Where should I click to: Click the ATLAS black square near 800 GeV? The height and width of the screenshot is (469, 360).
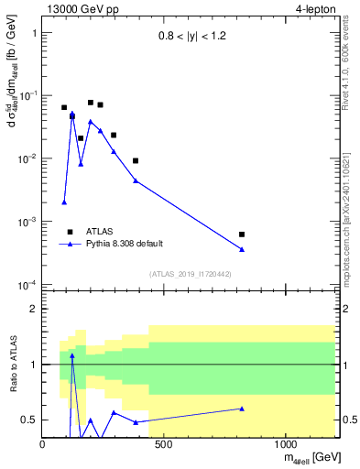(242, 234)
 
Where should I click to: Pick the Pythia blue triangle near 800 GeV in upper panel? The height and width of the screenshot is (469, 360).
(242, 249)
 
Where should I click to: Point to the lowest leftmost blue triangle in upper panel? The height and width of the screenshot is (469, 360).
(64, 202)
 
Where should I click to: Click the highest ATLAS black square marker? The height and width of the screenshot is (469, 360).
(91, 103)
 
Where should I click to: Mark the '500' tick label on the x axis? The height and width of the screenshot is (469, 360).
(164, 445)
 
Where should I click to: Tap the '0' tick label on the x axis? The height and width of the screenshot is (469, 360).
(43, 445)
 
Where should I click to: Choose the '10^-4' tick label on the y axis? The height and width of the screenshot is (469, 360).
(26, 285)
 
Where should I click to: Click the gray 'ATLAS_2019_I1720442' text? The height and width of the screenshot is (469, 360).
(189, 274)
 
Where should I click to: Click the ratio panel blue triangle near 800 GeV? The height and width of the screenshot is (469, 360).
(242, 409)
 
